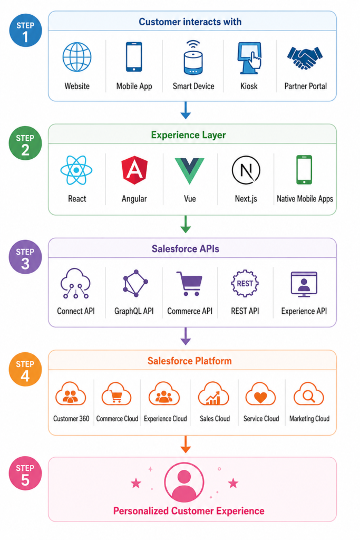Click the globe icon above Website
click(x=77, y=57)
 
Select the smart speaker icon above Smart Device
click(x=193, y=57)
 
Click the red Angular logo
click(x=134, y=170)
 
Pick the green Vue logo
click(x=189, y=171)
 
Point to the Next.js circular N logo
click(x=246, y=170)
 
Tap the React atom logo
click(x=76, y=170)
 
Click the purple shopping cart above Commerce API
click(x=189, y=283)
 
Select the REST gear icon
click(x=245, y=283)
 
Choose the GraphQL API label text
click(x=134, y=311)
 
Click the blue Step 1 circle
click(x=25, y=30)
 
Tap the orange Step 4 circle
click(x=25, y=370)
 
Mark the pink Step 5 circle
click(x=25, y=473)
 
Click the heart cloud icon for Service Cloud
click(x=260, y=394)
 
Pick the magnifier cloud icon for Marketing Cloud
click(x=309, y=394)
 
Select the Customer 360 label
click(x=71, y=418)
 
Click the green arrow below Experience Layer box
click(x=186, y=224)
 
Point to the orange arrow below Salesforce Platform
click(x=186, y=444)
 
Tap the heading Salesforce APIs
click(x=186, y=249)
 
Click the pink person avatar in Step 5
click(x=184, y=482)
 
